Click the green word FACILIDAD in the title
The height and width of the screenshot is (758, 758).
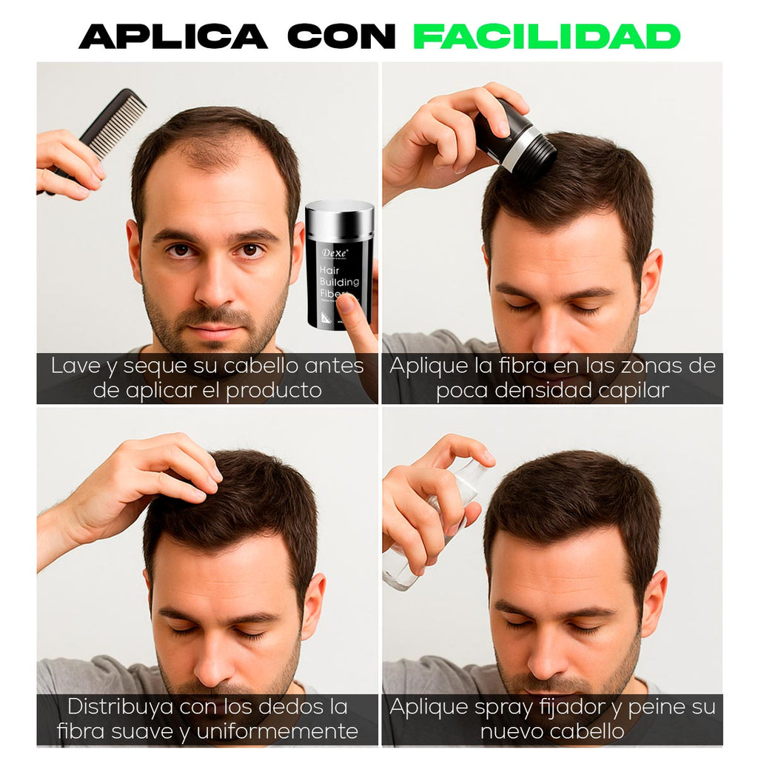point(546,36)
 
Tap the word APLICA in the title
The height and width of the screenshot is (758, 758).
point(173,36)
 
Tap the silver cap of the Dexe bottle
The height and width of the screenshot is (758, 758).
point(340,219)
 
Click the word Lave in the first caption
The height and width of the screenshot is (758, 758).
point(75,366)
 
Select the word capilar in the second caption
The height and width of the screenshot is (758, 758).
point(631,390)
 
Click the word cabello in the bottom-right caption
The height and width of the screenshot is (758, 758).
point(588,731)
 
